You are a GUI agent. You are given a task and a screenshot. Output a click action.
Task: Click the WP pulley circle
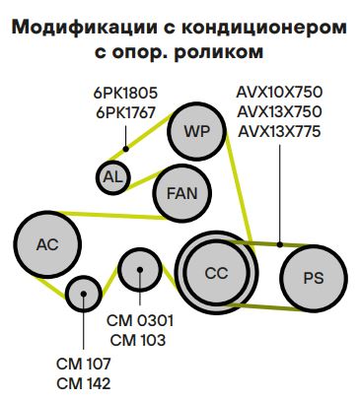click(197, 129)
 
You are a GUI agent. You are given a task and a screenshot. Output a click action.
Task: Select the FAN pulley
click(181, 192)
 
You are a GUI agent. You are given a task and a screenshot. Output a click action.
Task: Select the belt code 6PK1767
click(126, 112)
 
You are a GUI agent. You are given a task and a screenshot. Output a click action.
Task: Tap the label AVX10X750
click(279, 92)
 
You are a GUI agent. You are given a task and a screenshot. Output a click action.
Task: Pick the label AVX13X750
click(279, 110)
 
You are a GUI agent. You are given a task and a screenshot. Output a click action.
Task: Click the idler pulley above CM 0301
click(139, 268)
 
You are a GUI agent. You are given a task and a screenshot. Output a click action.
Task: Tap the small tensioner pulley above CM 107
click(84, 293)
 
